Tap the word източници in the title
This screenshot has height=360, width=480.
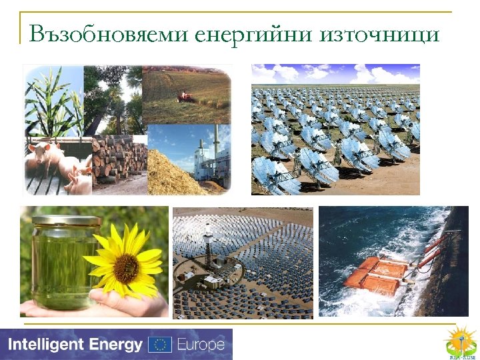[x=380, y=33]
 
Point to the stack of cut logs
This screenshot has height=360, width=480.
[x=120, y=158]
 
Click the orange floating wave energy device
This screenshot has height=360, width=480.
[x=376, y=274]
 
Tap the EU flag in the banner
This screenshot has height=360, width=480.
[x=160, y=345]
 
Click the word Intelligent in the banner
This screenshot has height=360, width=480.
[x=45, y=345]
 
